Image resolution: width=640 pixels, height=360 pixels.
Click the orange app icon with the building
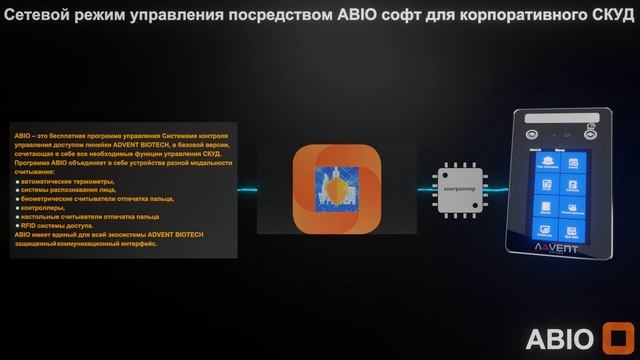coord(336,188)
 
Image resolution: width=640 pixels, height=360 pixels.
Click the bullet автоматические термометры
coord(66,181)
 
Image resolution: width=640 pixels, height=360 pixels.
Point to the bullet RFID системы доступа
coord(60,225)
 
